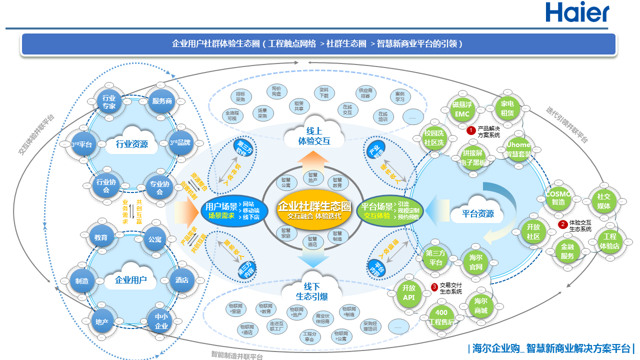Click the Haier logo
[x=577, y=12]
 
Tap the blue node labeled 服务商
[x=162, y=101]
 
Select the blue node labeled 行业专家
[x=109, y=102]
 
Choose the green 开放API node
[x=409, y=293]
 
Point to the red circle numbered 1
[x=470, y=130]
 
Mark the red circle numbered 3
[x=434, y=287]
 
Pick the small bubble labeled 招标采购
[x=240, y=96]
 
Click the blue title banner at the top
[x=318, y=44]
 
